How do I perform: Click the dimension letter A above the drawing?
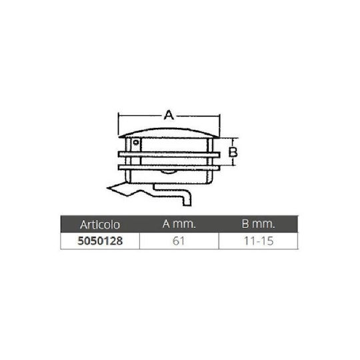169,115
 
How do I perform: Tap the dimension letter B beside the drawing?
233,152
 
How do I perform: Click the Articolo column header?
100,225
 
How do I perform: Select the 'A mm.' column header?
179,224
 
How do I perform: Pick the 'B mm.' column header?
258,224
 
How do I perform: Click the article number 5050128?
100,241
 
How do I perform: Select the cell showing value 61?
179,241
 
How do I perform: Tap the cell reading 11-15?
259,241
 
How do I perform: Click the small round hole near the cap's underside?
136,143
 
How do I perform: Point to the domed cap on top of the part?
169,133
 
